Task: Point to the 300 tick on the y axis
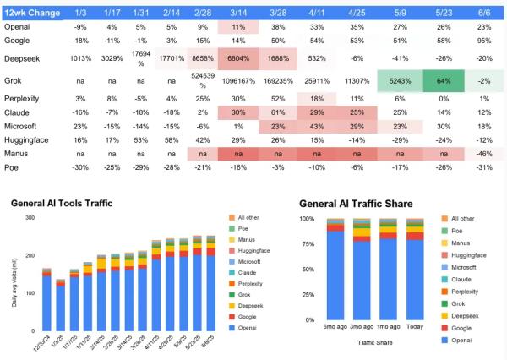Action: [x=31, y=218]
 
